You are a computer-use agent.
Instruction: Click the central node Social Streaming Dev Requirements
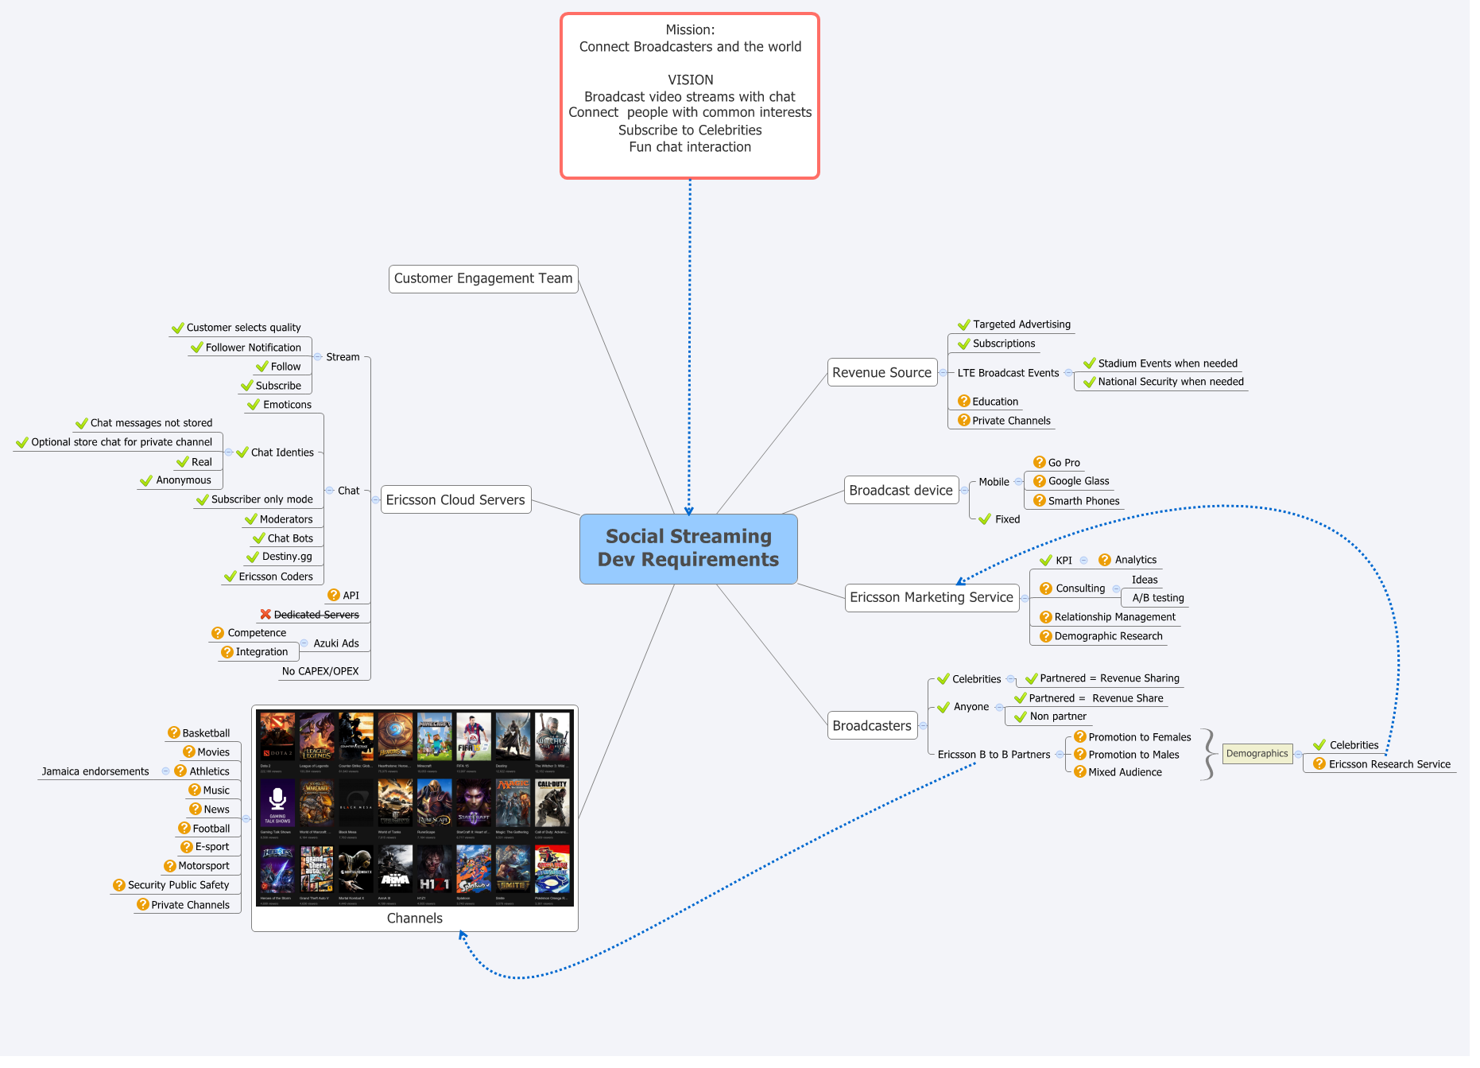point(688,548)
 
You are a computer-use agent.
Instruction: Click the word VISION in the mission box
point(690,80)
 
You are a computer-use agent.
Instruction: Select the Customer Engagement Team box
point(482,278)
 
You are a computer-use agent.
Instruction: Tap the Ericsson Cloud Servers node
point(455,499)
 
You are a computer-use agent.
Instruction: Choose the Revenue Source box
point(881,372)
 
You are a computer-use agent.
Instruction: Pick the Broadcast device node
point(901,490)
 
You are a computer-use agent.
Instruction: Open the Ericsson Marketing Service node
point(931,597)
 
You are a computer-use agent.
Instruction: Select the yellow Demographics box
point(1257,753)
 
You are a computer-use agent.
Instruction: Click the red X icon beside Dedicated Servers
point(265,614)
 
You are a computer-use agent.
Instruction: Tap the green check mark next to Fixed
point(985,519)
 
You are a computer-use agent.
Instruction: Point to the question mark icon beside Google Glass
point(1039,480)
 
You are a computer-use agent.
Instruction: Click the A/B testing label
point(1158,598)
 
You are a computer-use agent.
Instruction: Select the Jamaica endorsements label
point(95,771)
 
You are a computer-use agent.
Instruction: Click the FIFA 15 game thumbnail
point(473,737)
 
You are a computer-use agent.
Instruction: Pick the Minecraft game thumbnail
point(434,737)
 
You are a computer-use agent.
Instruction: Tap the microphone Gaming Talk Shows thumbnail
point(277,803)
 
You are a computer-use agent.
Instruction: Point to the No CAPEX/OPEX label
point(320,671)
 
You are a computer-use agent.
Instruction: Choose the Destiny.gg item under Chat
point(287,557)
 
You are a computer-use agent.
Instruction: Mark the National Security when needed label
point(1170,382)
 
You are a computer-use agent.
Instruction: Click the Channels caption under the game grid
point(414,918)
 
